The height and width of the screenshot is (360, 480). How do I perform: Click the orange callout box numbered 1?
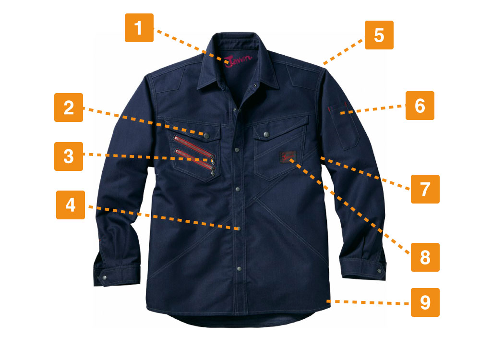coord(139,28)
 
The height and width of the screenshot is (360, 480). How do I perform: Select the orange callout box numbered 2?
coord(69,108)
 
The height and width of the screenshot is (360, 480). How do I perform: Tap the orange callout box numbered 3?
coord(69,156)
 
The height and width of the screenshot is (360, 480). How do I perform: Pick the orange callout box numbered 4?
coord(71,205)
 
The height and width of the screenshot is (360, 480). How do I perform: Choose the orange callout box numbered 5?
coord(379,35)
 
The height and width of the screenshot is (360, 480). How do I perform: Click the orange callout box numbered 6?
coord(420,106)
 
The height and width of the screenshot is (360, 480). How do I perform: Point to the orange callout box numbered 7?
coord(425,189)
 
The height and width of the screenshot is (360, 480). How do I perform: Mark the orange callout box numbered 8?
coord(425,257)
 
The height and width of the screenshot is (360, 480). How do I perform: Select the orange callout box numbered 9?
coord(425,302)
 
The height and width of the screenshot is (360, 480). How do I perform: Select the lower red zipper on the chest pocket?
coord(195,161)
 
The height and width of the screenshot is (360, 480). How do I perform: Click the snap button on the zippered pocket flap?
coord(206,136)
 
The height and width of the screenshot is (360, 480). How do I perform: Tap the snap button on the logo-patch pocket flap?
coord(266,134)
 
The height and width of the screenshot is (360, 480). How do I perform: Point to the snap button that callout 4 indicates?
coord(239,228)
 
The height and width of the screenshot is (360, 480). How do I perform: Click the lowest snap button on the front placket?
coord(240,269)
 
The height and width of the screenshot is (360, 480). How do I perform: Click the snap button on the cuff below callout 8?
coord(380,271)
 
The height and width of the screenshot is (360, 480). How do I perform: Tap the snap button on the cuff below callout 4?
coord(105,277)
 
